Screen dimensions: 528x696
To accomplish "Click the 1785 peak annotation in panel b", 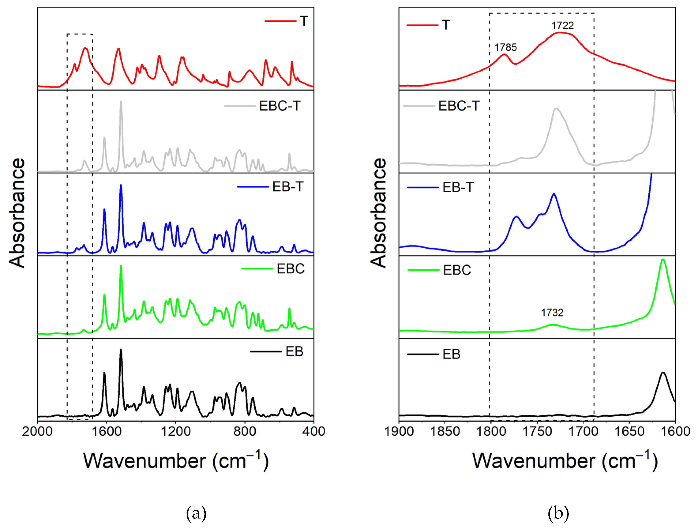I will (x=506, y=47).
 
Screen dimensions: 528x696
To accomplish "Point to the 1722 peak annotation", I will (x=563, y=26).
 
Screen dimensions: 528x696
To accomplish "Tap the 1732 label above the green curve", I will (x=552, y=313).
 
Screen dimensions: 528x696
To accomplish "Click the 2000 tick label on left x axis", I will (x=37, y=431).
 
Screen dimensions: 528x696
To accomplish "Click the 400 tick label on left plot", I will (x=314, y=431).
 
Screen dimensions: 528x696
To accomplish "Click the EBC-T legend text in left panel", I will (x=280, y=106).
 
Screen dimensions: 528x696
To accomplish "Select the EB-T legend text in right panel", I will (x=458, y=188).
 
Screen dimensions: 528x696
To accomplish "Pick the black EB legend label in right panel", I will (x=451, y=354).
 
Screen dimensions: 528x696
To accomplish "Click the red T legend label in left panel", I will (x=304, y=21).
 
